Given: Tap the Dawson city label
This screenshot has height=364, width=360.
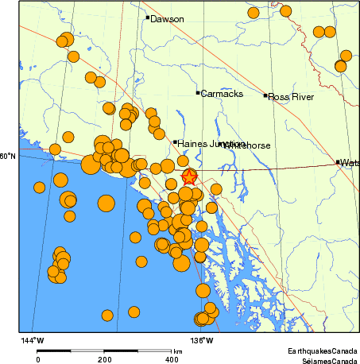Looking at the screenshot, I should pos(167,19).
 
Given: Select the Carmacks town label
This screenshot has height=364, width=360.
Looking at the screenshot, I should pos(216,94).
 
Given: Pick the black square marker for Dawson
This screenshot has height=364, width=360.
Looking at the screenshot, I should pos(148,17).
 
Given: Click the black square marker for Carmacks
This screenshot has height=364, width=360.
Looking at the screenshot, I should pos(198,93).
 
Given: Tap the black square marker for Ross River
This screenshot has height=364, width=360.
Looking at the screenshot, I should pos(265,95).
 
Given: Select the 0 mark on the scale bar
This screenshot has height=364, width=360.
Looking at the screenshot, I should pos(37,359).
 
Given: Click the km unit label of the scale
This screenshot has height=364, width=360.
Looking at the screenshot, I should pos(177,350).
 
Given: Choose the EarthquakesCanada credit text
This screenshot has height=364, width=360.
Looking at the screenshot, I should pos(323,350).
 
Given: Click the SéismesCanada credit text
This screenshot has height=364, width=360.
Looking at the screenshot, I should pos(324,359).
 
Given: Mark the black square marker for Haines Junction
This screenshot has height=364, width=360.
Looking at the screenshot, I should pos(175,142).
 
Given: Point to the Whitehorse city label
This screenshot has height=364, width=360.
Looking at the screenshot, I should pos(248,146).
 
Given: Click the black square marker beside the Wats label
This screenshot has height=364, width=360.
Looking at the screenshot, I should pos(338,162).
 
